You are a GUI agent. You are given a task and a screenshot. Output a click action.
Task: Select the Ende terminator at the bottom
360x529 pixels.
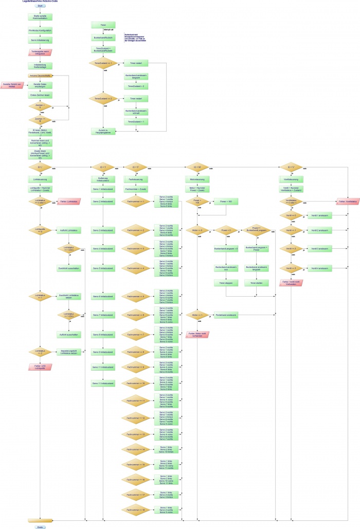click(40, 526)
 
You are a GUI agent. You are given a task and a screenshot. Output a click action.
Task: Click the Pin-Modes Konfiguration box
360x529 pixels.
click(40, 31)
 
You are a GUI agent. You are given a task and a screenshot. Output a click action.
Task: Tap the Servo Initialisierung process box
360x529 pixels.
click(40, 40)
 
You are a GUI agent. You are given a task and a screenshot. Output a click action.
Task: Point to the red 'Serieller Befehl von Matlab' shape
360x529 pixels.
click(12, 85)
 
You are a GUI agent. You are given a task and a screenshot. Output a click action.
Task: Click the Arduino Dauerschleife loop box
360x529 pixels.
click(40, 76)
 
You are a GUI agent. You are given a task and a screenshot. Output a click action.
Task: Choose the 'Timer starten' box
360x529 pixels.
click(256, 283)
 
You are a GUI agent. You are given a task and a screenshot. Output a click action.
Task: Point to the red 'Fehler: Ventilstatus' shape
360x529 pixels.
click(333, 202)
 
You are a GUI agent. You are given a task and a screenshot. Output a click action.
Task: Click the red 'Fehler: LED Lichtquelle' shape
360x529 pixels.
click(40, 367)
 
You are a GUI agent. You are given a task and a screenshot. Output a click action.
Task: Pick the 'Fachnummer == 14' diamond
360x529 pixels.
click(136, 449)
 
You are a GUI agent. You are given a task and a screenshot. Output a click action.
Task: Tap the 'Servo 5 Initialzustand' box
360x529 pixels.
click(103, 268)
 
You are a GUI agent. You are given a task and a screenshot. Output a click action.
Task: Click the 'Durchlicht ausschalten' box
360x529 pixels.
click(68, 268)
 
